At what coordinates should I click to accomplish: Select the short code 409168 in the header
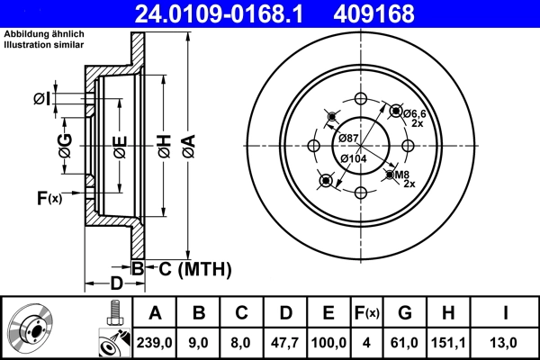pos(400,13)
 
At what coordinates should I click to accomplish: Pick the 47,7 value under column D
pos(285,343)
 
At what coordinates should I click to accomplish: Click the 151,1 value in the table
pos(449,343)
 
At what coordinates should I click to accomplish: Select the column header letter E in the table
pos(328,313)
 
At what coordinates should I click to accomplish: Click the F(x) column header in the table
pos(367,313)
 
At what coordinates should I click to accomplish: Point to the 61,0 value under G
pos(406,343)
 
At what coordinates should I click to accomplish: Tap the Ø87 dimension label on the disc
pos(348,137)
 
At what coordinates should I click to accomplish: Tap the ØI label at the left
pos(40,98)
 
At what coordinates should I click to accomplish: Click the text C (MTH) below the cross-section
pos(190,268)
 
